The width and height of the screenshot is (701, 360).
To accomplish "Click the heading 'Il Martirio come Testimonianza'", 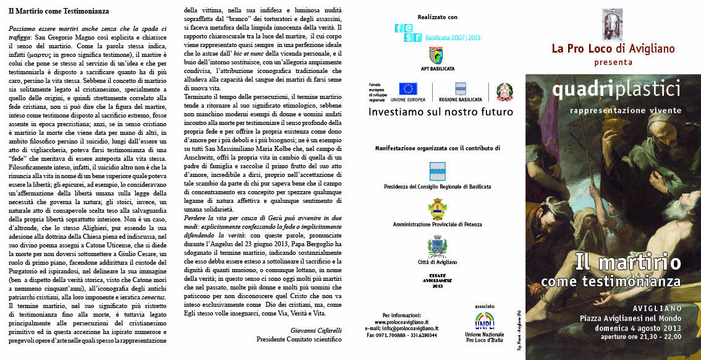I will (59, 12).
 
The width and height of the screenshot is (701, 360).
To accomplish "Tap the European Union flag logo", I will (408, 89).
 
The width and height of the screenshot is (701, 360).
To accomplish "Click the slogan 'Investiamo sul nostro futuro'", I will (440, 112).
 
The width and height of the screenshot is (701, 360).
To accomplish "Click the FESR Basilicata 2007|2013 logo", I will (437, 32).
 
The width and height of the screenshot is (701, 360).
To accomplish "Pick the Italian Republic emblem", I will (504, 92).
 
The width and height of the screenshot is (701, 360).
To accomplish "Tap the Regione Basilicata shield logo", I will (460, 89).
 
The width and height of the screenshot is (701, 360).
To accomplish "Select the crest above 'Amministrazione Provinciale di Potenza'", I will (437, 209).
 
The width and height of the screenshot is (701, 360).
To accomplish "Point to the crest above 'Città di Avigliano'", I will (437, 247).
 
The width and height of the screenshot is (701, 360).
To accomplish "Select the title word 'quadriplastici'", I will (616, 90).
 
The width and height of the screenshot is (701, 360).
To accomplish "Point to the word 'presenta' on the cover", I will (613, 62).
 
